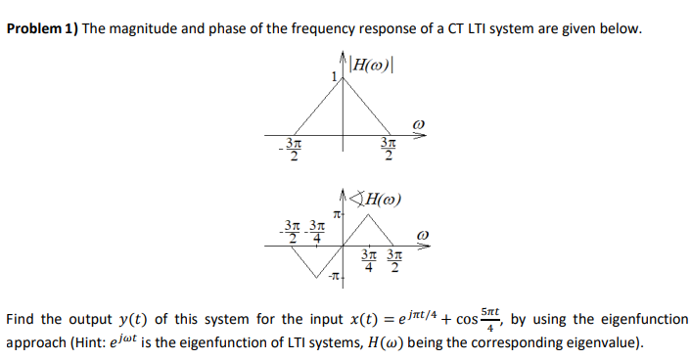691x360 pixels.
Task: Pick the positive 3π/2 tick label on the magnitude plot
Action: [389, 153]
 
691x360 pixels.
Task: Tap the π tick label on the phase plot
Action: [336, 213]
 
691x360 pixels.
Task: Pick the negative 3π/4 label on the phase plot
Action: [315, 228]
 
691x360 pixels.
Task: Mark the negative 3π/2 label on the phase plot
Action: [291, 228]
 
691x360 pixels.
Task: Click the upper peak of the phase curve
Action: [366, 215]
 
